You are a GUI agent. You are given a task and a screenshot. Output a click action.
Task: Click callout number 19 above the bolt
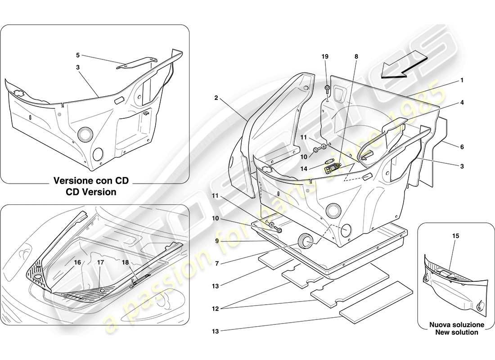click(x=325, y=57)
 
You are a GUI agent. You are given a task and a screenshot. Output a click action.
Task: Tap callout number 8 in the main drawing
click(x=356, y=57)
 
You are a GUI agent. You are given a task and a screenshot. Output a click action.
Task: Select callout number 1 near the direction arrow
click(x=462, y=81)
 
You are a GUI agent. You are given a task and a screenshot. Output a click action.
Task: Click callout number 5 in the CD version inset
click(x=77, y=55)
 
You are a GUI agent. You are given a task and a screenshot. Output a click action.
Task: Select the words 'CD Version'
click(x=91, y=192)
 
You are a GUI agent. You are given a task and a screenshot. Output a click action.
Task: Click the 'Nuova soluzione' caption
click(x=456, y=324)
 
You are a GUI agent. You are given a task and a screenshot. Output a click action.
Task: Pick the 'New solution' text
click(x=456, y=332)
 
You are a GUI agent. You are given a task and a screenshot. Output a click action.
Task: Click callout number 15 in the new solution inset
click(x=456, y=235)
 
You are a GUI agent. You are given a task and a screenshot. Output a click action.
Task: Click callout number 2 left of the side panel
click(x=216, y=98)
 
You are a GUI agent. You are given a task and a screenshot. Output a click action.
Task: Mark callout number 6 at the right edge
click(x=462, y=147)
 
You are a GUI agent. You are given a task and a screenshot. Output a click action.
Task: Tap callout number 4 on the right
click(x=462, y=103)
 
